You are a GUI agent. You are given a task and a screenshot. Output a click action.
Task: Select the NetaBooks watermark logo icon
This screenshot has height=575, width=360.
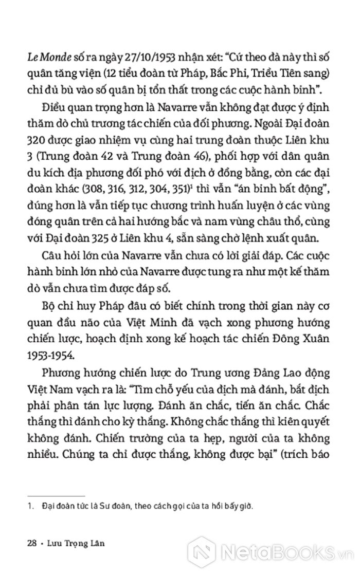click(x=202, y=552)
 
